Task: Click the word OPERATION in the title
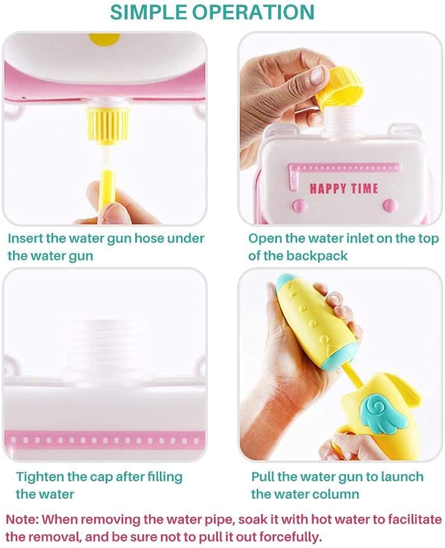(254, 12)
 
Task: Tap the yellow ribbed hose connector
(108, 124)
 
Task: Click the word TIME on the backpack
(365, 189)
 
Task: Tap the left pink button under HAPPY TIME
(300, 205)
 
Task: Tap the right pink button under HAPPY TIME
(390, 205)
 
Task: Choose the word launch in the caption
(402, 477)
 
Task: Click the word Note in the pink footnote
(22, 520)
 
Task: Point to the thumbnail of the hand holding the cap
(317, 74)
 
